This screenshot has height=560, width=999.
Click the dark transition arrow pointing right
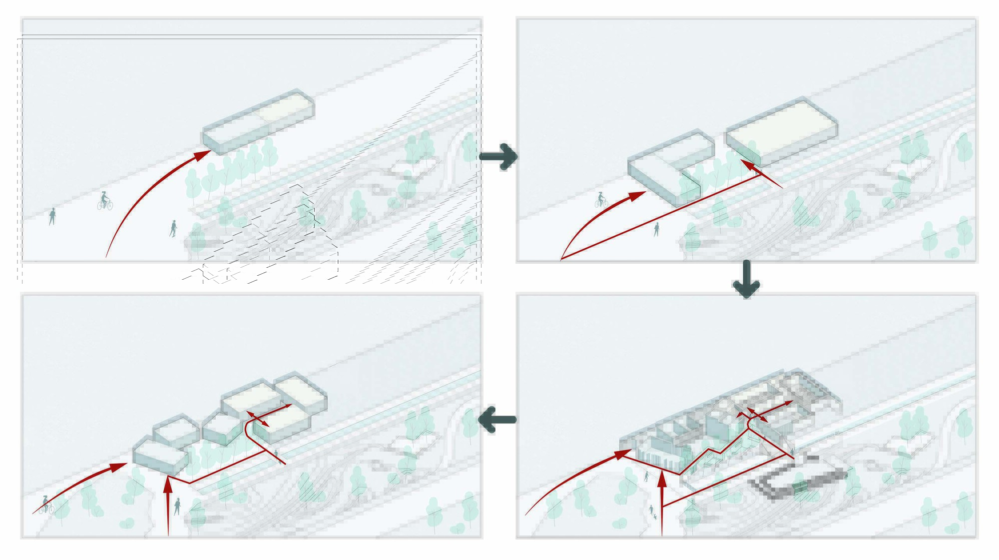pyautogui.click(x=499, y=157)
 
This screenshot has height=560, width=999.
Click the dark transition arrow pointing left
pyautogui.click(x=497, y=420)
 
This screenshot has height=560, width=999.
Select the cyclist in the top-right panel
pyautogui.click(x=601, y=200)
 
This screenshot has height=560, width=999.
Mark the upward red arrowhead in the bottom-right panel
pyautogui.click(x=662, y=480)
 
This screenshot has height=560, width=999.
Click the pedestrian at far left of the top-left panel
pyautogui.click(x=52, y=216)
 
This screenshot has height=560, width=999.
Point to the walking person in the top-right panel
pyautogui.click(x=656, y=229)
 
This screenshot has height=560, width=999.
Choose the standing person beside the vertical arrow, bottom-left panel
pyautogui.click(x=177, y=506)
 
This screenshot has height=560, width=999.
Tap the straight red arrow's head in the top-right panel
pyautogui.click(x=748, y=165)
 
